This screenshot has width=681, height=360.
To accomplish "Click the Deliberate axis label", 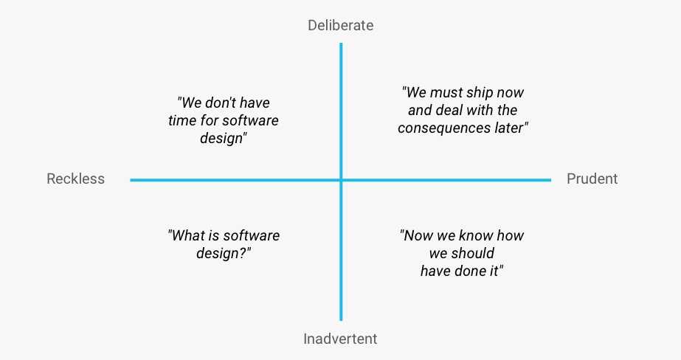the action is [341, 25].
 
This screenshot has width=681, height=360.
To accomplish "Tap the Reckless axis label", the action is [75, 179].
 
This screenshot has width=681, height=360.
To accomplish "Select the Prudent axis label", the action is [592, 179].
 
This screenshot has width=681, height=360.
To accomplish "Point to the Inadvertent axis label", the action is [341, 339].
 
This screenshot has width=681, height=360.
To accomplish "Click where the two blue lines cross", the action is [341, 180].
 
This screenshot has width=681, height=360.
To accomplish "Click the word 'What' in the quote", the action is [187, 235].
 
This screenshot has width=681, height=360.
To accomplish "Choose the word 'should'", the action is [472, 253].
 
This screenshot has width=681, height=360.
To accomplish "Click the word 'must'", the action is [446, 92].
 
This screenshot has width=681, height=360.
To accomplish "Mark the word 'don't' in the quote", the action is [220, 103].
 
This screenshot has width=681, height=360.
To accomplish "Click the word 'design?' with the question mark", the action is [224, 253].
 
